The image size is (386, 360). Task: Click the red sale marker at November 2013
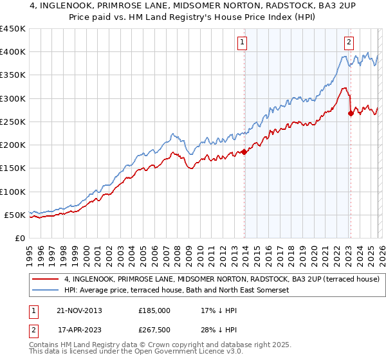pos(244,152)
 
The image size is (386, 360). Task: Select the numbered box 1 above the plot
pos(243,43)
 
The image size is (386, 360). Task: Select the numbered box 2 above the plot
pos(349,43)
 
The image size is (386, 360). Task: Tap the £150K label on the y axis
pos(13,168)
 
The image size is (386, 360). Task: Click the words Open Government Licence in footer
pos(190,352)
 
